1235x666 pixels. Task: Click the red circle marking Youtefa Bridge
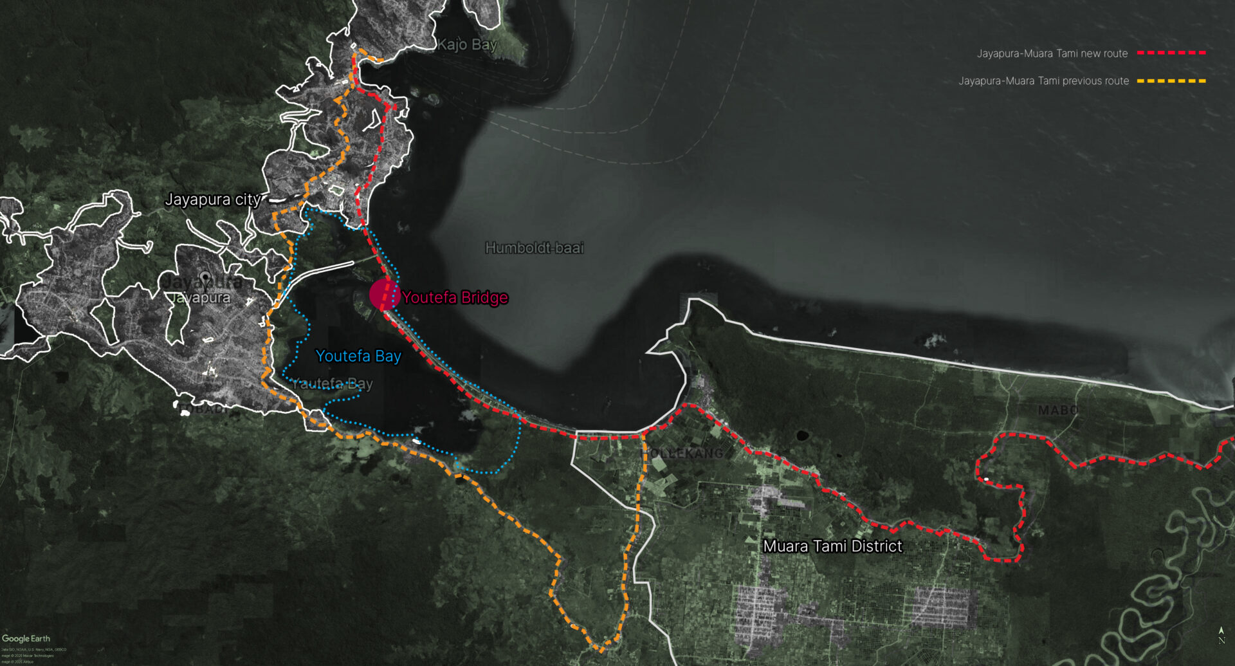(385, 295)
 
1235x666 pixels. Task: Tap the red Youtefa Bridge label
(455, 297)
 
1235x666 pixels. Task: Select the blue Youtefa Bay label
(358, 356)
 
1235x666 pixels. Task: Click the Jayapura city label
(212, 199)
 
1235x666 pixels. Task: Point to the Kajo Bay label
(467, 44)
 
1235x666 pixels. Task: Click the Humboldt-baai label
(534, 248)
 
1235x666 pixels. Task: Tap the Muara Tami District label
(832, 546)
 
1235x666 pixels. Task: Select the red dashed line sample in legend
(1171, 53)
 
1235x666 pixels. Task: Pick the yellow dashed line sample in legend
(1171, 81)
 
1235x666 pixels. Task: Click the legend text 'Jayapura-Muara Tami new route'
(1052, 53)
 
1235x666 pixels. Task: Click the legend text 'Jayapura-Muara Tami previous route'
(1043, 81)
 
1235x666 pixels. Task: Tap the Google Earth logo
(26, 638)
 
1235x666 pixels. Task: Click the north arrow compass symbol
(1221, 634)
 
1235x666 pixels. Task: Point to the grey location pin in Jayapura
(205, 278)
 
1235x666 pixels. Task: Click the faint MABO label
(1057, 410)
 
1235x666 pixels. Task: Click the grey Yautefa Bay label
(332, 384)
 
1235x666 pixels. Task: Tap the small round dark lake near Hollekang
(802, 436)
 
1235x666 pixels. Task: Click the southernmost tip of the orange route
(601, 650)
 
